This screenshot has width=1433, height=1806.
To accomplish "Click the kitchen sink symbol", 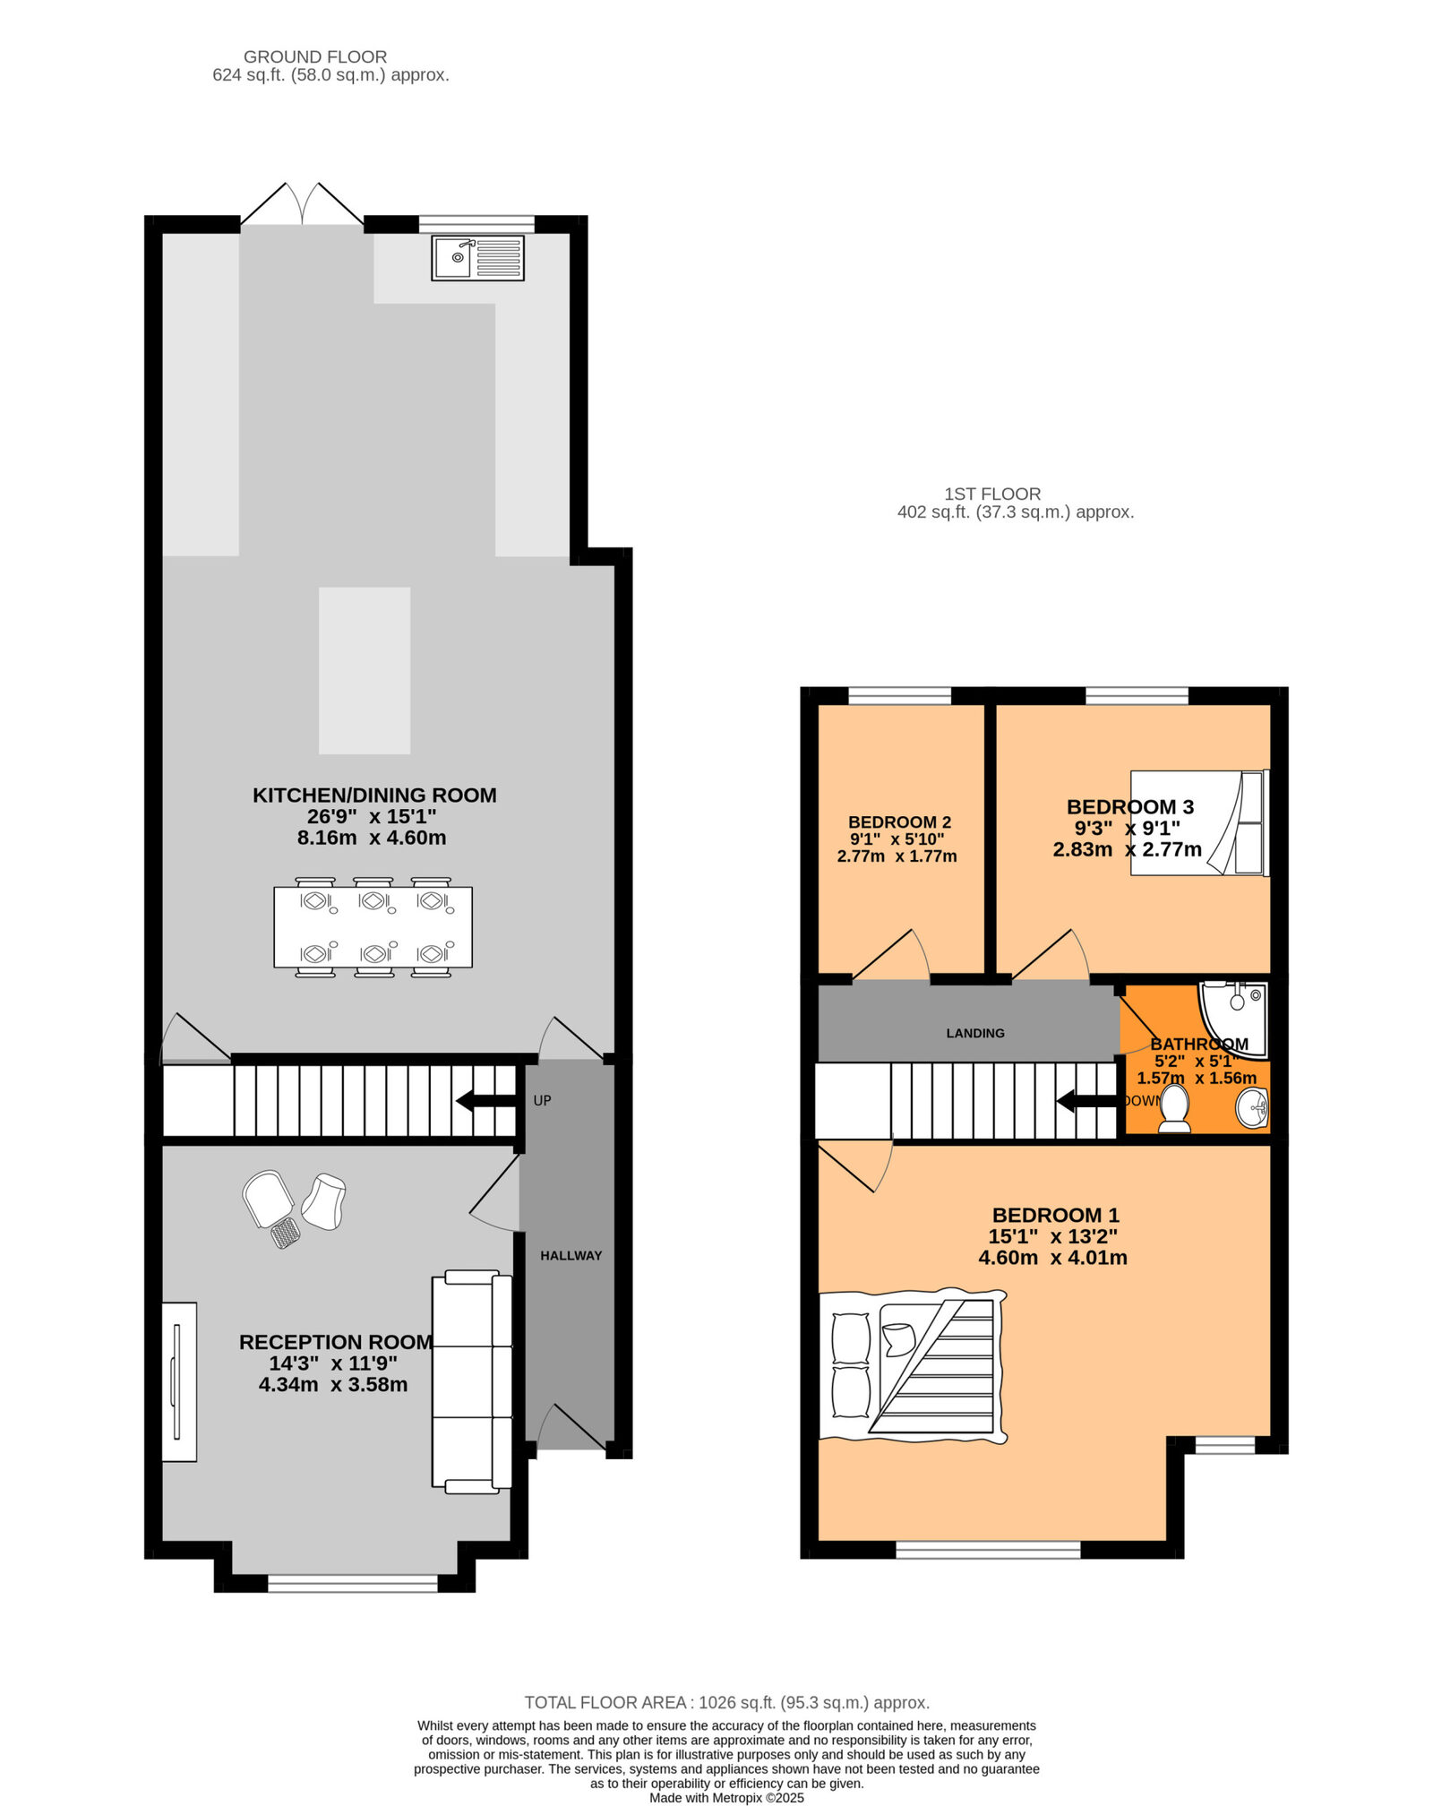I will (x=477, y=258).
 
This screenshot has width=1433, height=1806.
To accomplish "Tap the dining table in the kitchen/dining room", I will (x=373, y=927).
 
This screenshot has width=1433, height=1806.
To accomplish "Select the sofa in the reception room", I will (x=472, y=1381).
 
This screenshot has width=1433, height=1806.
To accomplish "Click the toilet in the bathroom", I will (x=1173, y=1107).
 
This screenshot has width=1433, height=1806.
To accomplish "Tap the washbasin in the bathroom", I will (x=1252, y=1108).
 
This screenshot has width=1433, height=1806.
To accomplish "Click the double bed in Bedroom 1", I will (x=914, y=1365).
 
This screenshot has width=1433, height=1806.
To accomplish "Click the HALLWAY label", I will (x=571, y=1255).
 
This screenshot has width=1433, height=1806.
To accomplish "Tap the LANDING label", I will (x=975, y=1033).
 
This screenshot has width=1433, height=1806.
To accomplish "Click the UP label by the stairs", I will (x=542, y=1100).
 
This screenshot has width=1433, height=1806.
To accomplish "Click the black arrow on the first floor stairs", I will (x=1086, y=1100).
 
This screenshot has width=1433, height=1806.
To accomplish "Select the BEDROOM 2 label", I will (x=899, y=821).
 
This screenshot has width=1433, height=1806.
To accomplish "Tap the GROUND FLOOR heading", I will (x=315, y=56).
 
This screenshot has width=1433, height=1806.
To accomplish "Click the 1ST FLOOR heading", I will (x=992, y=494).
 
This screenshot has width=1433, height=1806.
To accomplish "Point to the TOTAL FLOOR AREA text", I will (x=726, y=1702).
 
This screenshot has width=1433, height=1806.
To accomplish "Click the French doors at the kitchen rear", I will (x=303, y=206).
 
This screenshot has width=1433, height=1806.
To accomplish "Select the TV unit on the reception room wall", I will (x=179, y=1381).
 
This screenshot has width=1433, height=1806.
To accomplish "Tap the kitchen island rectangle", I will (x=365, y=670).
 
